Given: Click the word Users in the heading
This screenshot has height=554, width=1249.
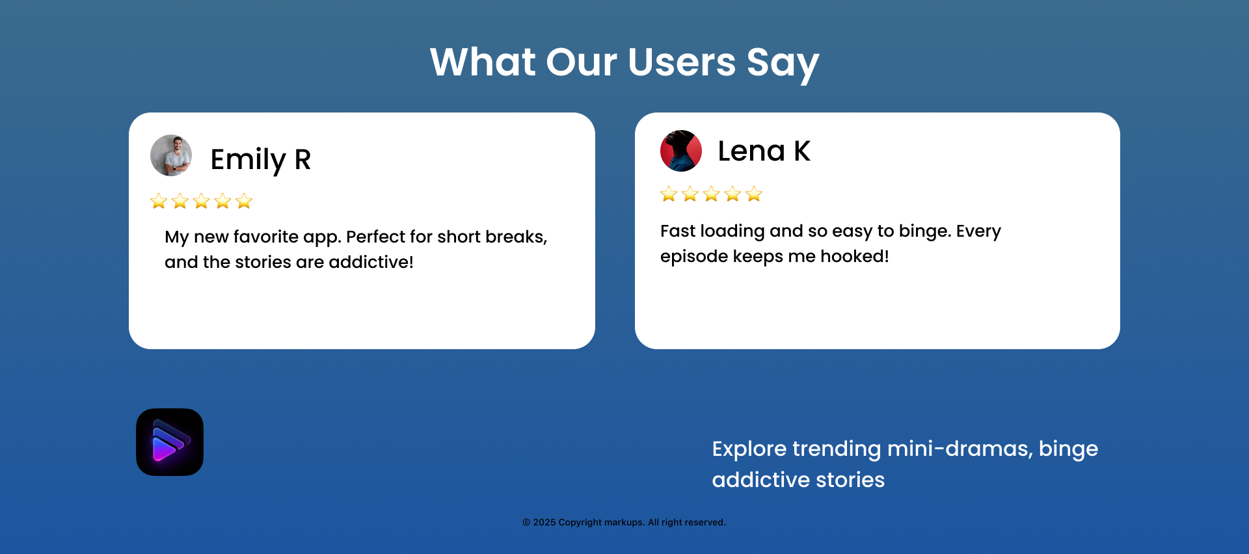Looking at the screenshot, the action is (x=682, y=62).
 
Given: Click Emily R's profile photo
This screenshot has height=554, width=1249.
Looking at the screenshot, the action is (x=171, y=155).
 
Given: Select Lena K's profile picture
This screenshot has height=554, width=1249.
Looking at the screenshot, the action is (x=681, y=151).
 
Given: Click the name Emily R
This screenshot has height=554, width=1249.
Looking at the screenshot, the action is (x=261, y=160).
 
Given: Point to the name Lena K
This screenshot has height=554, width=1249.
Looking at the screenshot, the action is (x=764, y=152).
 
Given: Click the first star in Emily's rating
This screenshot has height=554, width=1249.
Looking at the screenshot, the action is (x=159, y=201).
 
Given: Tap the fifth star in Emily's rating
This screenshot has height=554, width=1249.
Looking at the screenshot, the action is (x=244, y=201).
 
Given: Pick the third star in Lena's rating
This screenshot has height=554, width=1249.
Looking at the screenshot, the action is (x=712, y=194).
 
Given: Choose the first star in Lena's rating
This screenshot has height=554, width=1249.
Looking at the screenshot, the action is (x=669, y=194).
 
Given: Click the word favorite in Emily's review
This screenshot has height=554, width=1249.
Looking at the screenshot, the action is (x=265, y=237).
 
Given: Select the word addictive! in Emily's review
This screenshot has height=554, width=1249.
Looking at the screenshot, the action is (x=371, y=262).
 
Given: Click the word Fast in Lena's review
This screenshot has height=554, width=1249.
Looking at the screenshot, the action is (x=678, y=231).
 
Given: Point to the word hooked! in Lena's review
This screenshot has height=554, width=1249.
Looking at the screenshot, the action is (x=855, y=256).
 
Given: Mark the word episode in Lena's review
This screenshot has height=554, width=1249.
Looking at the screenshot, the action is (x=694, y=257).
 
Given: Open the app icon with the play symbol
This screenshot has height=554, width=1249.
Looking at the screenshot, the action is (x=170, y=442).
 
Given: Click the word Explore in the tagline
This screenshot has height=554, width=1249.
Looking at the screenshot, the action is (x=749, y=449).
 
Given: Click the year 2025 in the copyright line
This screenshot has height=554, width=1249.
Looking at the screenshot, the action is (x=544, y=522).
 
